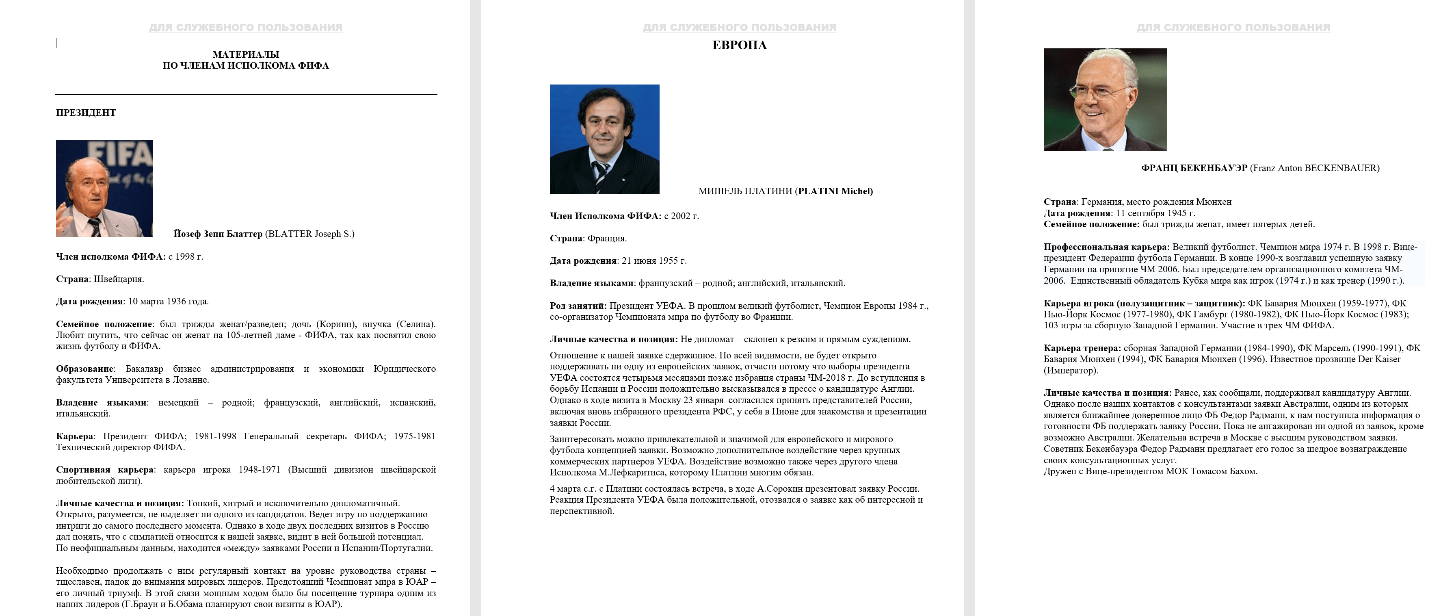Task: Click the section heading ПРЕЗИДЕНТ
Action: tap(86, 113)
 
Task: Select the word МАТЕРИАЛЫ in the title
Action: tap(246, 54)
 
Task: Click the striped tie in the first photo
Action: tap(95, 227)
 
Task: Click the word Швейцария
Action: tap(118, 279)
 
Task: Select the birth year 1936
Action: tap(173, 301)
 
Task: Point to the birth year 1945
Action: tap(1177, 213)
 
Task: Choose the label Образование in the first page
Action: tap(84, 369)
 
